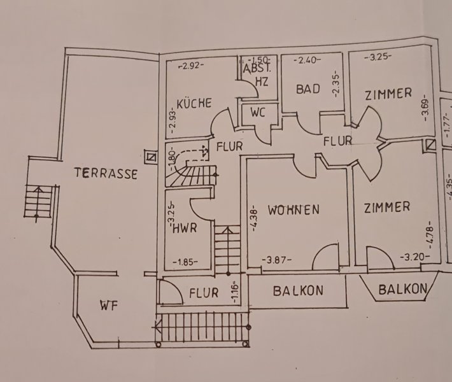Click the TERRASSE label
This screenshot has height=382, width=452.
[x=105, y=173]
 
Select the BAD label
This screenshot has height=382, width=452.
[x=307, y=89]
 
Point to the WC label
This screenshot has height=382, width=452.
[x=258, y=113]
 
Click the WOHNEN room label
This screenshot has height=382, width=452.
[x=293, y=209]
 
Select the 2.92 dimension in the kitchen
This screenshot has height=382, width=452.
[x=191, y=65]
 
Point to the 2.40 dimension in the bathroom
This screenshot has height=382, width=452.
[x=306, y=61]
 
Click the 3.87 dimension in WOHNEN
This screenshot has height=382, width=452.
[x=278, y=260]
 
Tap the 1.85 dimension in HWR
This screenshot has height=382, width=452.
[x=186, y=260]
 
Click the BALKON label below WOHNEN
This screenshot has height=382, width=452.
[x=298, y=291]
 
